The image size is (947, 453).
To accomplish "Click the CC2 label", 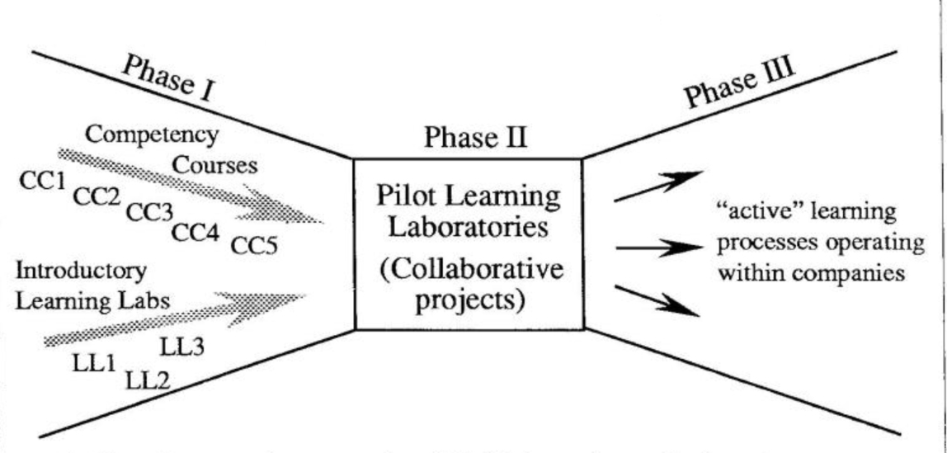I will pos(96,196).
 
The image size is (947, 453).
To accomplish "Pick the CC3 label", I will pos(148,212).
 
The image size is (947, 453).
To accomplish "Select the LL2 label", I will pos(148,380).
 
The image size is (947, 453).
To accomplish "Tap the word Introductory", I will pos(80,270).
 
